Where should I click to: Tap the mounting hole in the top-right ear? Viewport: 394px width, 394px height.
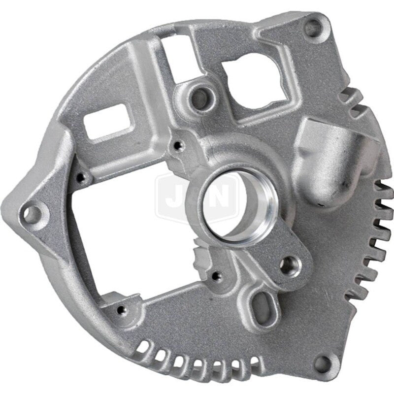(312, 28)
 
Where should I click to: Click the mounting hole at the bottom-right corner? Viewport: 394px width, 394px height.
(324, 364)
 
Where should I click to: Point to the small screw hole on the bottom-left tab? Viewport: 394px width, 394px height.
(120, 309)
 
